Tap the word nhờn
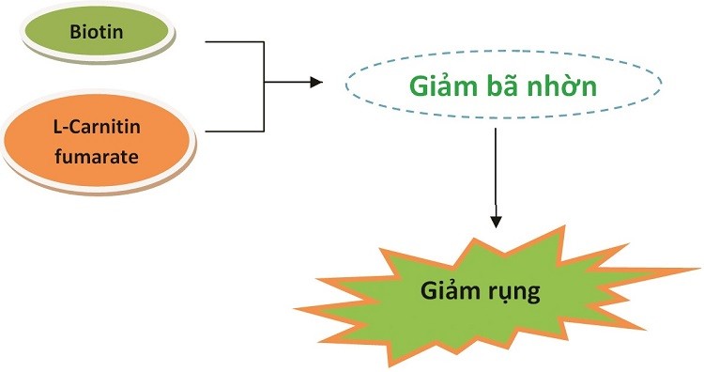click(x=567, y=85)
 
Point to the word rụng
click(x=514, y=292)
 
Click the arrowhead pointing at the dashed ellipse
click(x=315, y=84)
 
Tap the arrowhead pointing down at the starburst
click(x=497, y=221)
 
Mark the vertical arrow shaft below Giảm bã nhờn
click(x=497, y=169)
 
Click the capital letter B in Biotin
click(x=74, y=31)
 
